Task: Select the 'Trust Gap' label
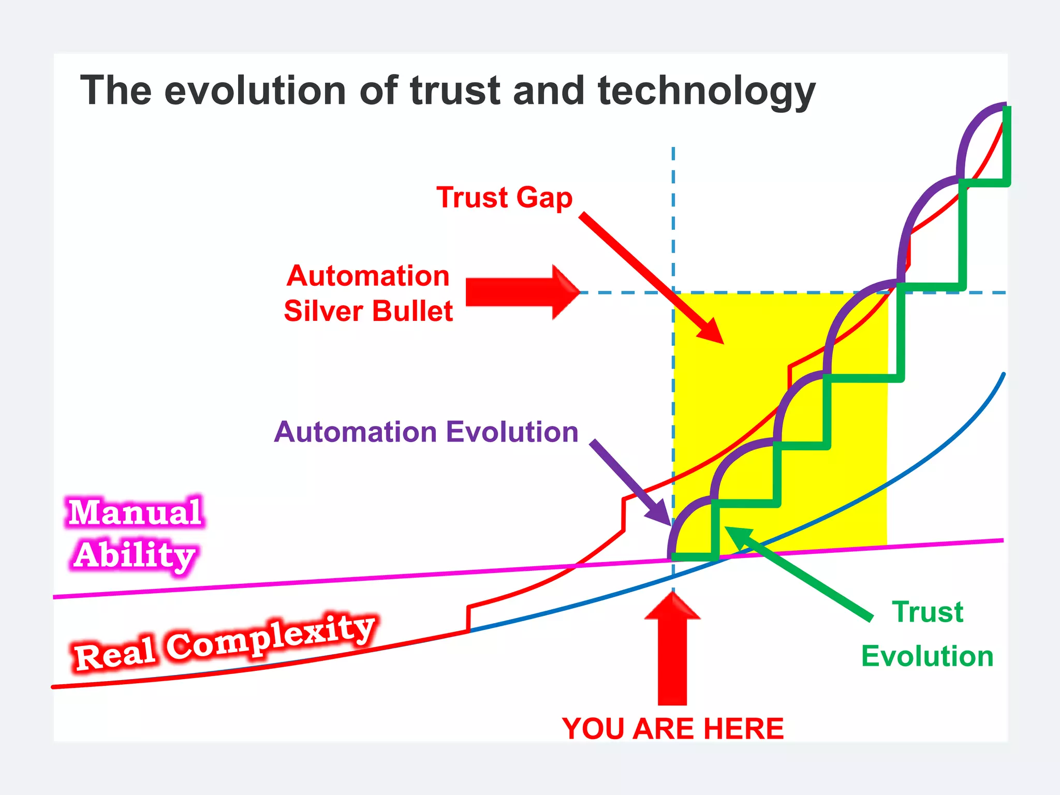pyautogui.click(x=504, y=198)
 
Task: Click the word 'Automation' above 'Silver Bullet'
pyautogui.click(x=368, y=276)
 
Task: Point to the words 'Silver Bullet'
pyautogui.click(x=368, y=312)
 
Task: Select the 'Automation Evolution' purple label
pyautogui.click(x=425, y=432)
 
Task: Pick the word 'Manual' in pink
pyautogui.click(x=135, y=512)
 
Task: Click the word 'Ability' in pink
pyautogui.click(x=135, y=555)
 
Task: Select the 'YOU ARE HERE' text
pyautogui.click(x=672, y=729)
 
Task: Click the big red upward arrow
pyautogui.click(x=672, y=652)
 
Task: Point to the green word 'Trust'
pyautogui.click(x=927, y=612)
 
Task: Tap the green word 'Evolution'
pyautogui.click(x=927, y=656)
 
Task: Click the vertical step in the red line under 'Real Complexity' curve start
pyautogui.click(x=468, y=619)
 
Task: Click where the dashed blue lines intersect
pyautogui.click(x=673, y=293)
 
